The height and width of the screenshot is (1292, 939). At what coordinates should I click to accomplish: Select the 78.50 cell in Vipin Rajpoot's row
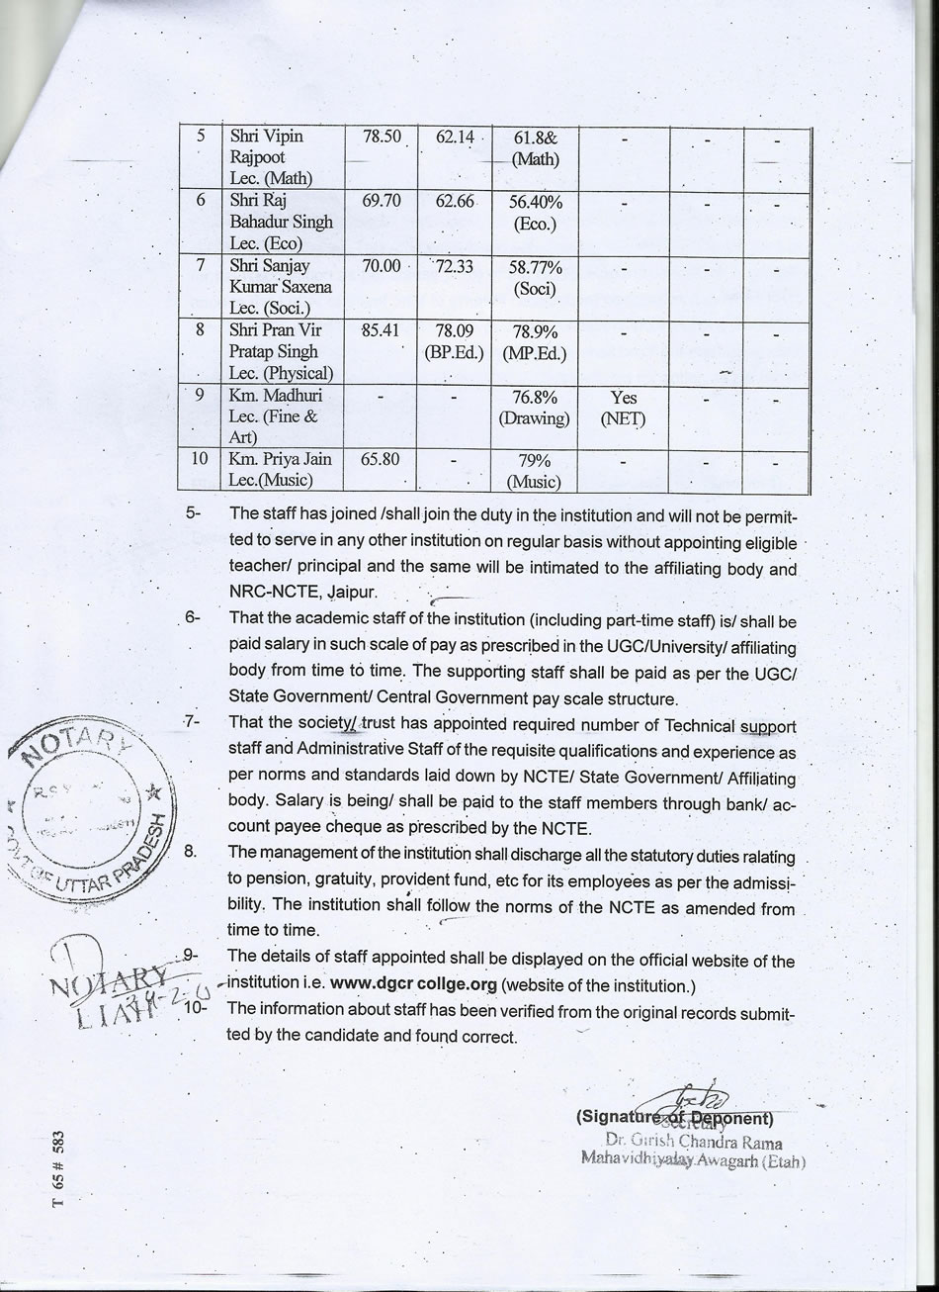(381, 138)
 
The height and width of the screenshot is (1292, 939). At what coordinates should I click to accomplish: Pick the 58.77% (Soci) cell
(535, 279)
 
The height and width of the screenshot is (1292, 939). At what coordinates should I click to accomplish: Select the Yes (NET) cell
(624, 408)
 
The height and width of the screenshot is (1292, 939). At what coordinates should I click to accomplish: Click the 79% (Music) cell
(535, 471)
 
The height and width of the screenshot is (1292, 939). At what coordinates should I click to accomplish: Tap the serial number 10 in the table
(201, 459)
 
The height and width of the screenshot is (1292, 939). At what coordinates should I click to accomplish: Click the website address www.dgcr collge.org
(413, 985)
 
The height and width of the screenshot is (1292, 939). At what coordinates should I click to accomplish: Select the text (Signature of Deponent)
(673, 1119)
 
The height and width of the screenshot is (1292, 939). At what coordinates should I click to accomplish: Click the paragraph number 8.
(193, 851)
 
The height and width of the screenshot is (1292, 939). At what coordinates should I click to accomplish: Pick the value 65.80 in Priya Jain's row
(381, 460)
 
